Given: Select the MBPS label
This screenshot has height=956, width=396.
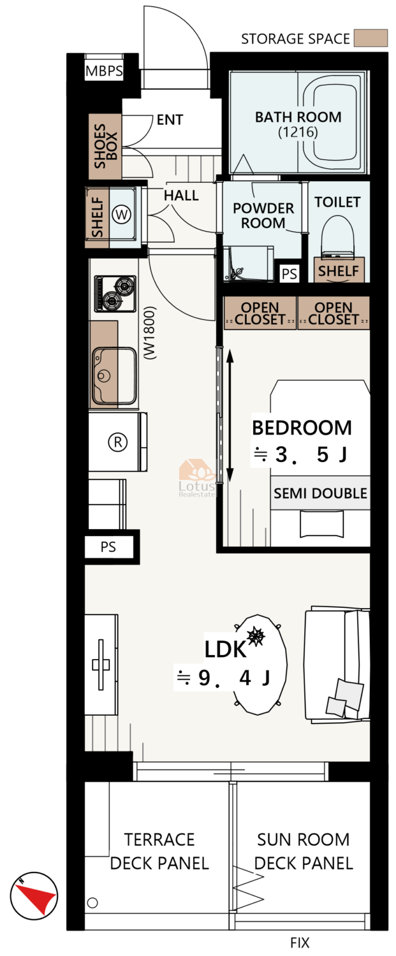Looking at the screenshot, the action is click(104, 71).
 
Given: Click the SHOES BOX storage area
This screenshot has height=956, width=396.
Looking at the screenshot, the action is click(105, 147).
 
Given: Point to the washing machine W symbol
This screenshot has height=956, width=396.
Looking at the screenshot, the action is click(121, 214).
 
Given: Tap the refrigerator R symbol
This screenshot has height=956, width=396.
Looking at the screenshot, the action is click(118, 441).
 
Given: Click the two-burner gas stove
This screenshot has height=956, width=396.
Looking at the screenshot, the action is click(115, 294).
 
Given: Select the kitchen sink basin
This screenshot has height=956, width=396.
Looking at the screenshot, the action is click(114, 375).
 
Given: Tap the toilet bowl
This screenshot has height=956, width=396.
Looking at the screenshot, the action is click(338, 236).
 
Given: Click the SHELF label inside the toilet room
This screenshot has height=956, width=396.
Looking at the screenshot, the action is click(339, 271).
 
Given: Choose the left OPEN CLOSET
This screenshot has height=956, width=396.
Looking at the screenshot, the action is click(260, 314).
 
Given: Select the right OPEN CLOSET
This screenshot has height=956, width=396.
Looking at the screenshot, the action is click(334, 314).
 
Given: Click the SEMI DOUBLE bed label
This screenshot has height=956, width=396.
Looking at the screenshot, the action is click(320, 493).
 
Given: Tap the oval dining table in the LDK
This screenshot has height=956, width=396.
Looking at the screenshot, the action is click(260, 664).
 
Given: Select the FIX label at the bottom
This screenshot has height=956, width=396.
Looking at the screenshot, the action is click(300, 943).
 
